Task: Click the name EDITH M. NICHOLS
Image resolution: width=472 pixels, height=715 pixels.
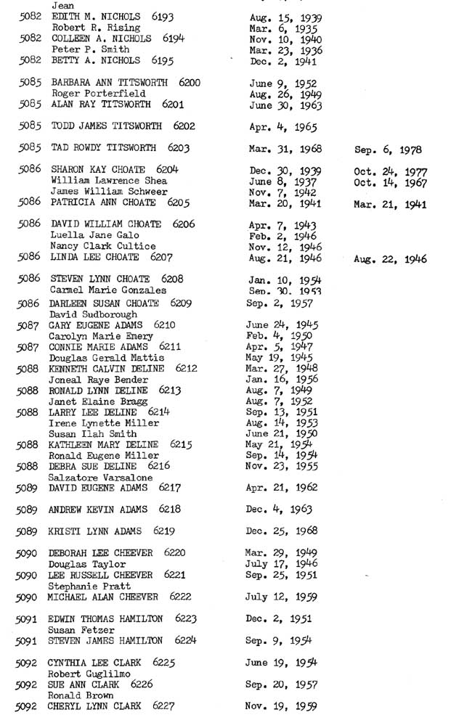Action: pyautogui.click(x=94, y=16)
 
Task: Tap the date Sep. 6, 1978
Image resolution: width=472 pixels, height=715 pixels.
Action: pyautogui.click(x=388, y=151)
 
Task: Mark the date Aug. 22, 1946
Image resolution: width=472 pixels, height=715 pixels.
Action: pyautogui.click(x=390, y=259)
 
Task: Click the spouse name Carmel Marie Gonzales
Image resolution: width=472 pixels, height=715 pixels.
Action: pyautogui.click(x=107, y=290)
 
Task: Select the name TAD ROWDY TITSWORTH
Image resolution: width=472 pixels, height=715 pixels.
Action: pyautogui.click(x=103, y=148)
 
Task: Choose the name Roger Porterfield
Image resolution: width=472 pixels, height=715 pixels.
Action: pyautogui.click(x=98, y=94)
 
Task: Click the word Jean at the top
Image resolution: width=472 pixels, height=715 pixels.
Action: pyautogui.click(x=63, y=5)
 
